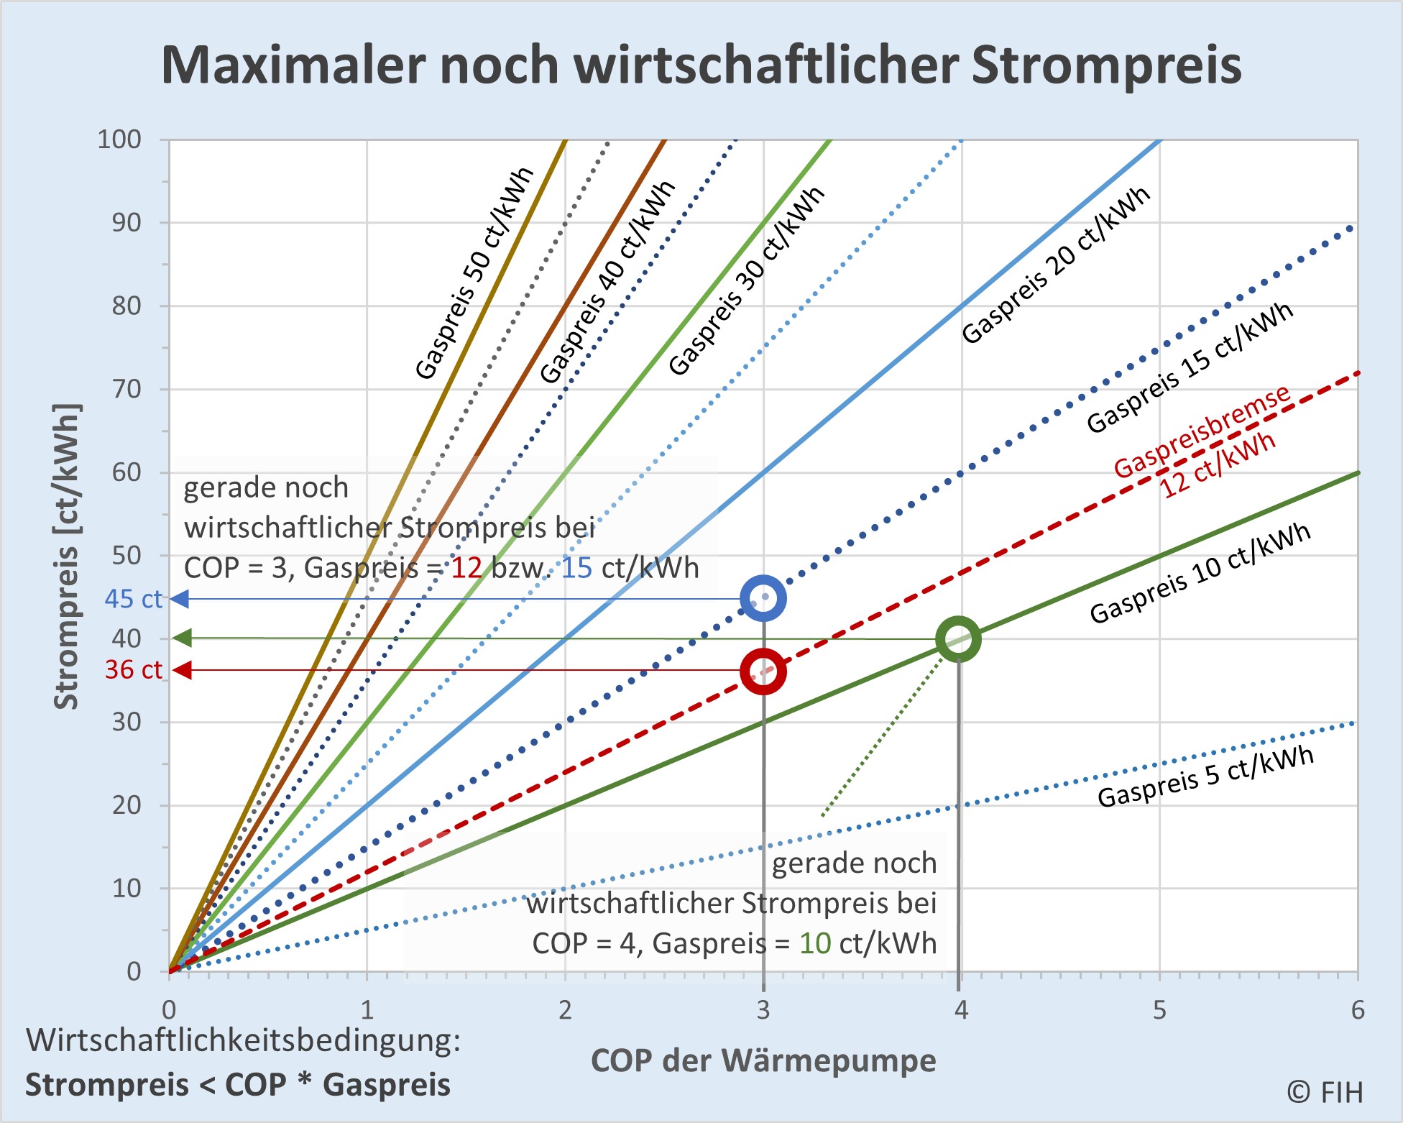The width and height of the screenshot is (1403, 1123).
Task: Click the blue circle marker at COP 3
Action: pos(763,598)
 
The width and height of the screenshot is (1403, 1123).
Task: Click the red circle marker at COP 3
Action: pos(763,671)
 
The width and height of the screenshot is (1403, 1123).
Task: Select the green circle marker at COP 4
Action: pos(958,638)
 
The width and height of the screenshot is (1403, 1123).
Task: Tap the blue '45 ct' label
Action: pos(134,598)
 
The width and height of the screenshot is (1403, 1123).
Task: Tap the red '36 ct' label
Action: pos(134,669)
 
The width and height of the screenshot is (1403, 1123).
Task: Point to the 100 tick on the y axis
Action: pos(119,139)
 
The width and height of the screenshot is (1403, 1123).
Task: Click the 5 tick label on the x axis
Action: pos(1159,1010)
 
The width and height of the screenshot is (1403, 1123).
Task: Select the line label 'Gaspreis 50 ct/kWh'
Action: pos(475,273)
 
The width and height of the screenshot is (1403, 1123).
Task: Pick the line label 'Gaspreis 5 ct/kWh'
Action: pos(1206,776)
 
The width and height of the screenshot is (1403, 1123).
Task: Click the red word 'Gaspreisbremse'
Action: pos(1202,431)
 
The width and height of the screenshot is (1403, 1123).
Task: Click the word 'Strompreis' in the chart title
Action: pos(1106,65)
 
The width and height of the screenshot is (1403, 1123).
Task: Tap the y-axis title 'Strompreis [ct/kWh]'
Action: pos(67,557)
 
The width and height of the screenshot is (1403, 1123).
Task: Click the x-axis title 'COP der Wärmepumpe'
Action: pos(763,1060)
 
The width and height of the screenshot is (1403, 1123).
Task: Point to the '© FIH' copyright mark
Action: pos(1325,1092)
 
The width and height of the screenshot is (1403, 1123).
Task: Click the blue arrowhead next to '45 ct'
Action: pos(180,598)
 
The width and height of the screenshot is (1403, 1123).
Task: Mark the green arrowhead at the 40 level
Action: pos(183,638)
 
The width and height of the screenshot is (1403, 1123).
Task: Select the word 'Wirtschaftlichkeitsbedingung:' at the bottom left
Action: pos(243,1040)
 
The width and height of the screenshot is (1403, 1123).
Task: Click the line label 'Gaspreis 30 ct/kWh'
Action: pos(747,280)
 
